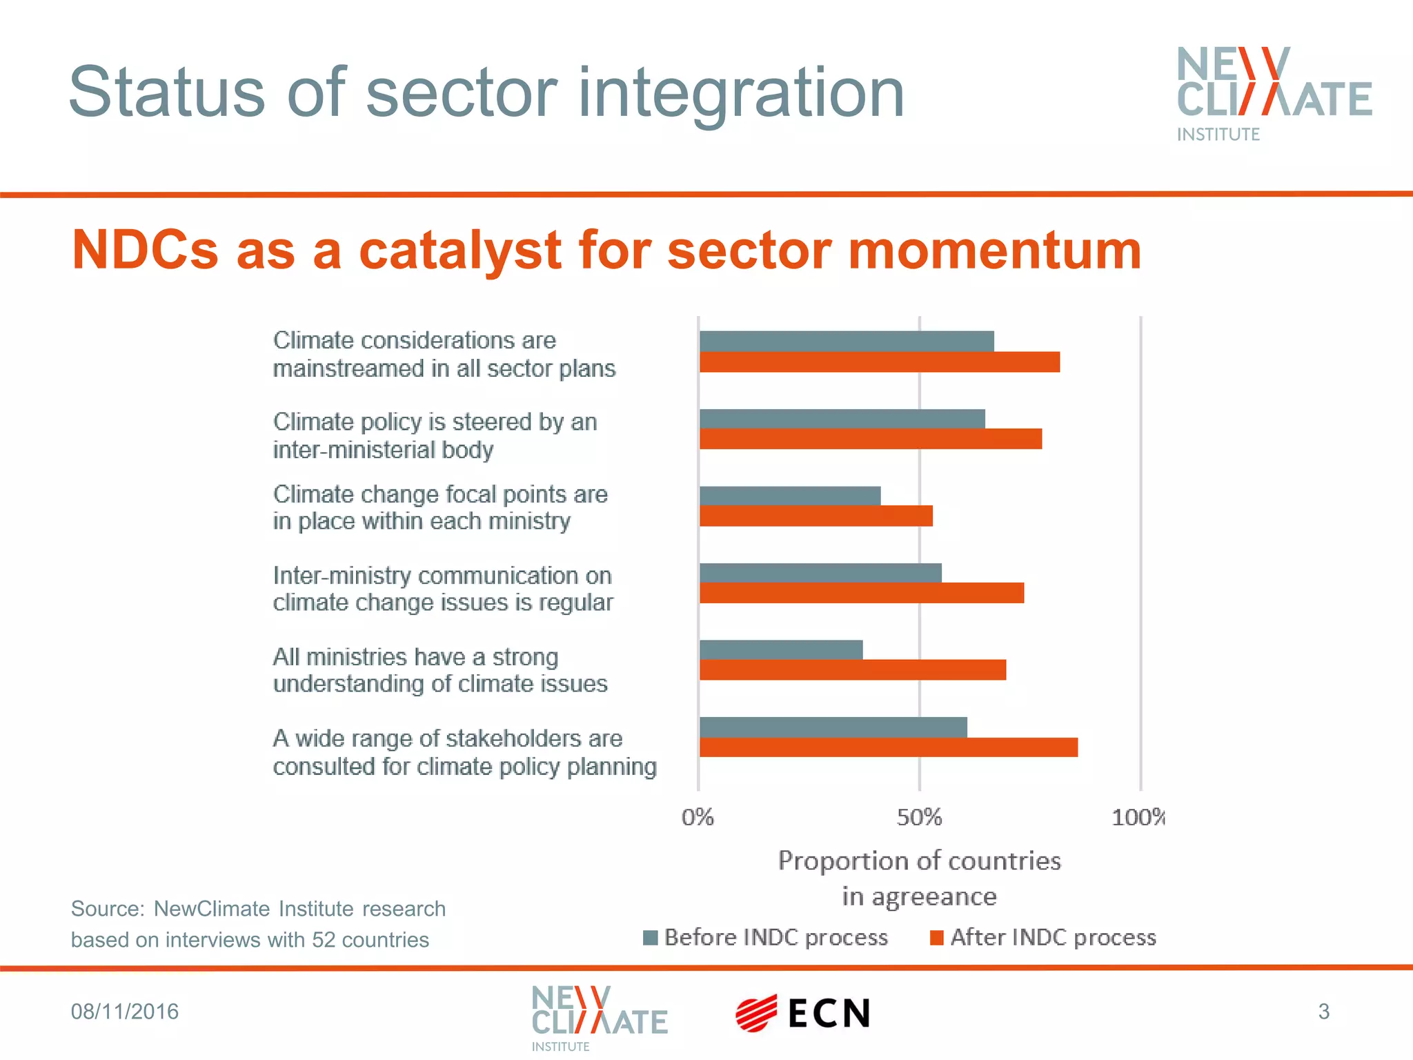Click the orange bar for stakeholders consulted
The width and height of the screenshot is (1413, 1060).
[889, 747]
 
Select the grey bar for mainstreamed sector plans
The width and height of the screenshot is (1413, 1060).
[847, 341]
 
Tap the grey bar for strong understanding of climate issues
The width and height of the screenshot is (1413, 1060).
[781, 650]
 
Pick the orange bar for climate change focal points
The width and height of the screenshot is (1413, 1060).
[816, 516]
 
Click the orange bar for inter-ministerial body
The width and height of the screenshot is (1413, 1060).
[871, 439]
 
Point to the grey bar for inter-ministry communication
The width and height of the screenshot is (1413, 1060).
[820, 573]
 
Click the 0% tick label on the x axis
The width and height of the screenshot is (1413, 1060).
[698, 818]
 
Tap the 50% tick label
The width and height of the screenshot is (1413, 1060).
[919, 818]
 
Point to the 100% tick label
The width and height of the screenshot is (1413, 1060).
[1138, 818]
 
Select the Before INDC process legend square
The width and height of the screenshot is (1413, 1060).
[650, 938]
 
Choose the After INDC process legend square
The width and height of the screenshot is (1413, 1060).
[936, 938]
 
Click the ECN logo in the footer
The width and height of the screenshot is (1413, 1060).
[803, 1013]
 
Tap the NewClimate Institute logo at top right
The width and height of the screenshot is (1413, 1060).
[1274, 93]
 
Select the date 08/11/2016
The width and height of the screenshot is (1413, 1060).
[125, 1012]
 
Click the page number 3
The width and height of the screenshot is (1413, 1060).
[1323, 1012]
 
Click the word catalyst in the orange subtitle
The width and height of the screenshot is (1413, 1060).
[460, 250]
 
